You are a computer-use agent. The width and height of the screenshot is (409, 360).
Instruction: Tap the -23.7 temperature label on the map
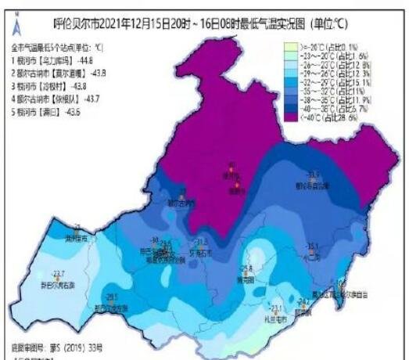[57, 273]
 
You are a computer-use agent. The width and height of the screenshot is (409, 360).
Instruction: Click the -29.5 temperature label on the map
[113, 297]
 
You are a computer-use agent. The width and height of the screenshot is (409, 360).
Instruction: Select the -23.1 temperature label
[274, 308]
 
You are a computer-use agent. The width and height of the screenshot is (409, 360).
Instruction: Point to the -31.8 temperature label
[201, 242]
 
